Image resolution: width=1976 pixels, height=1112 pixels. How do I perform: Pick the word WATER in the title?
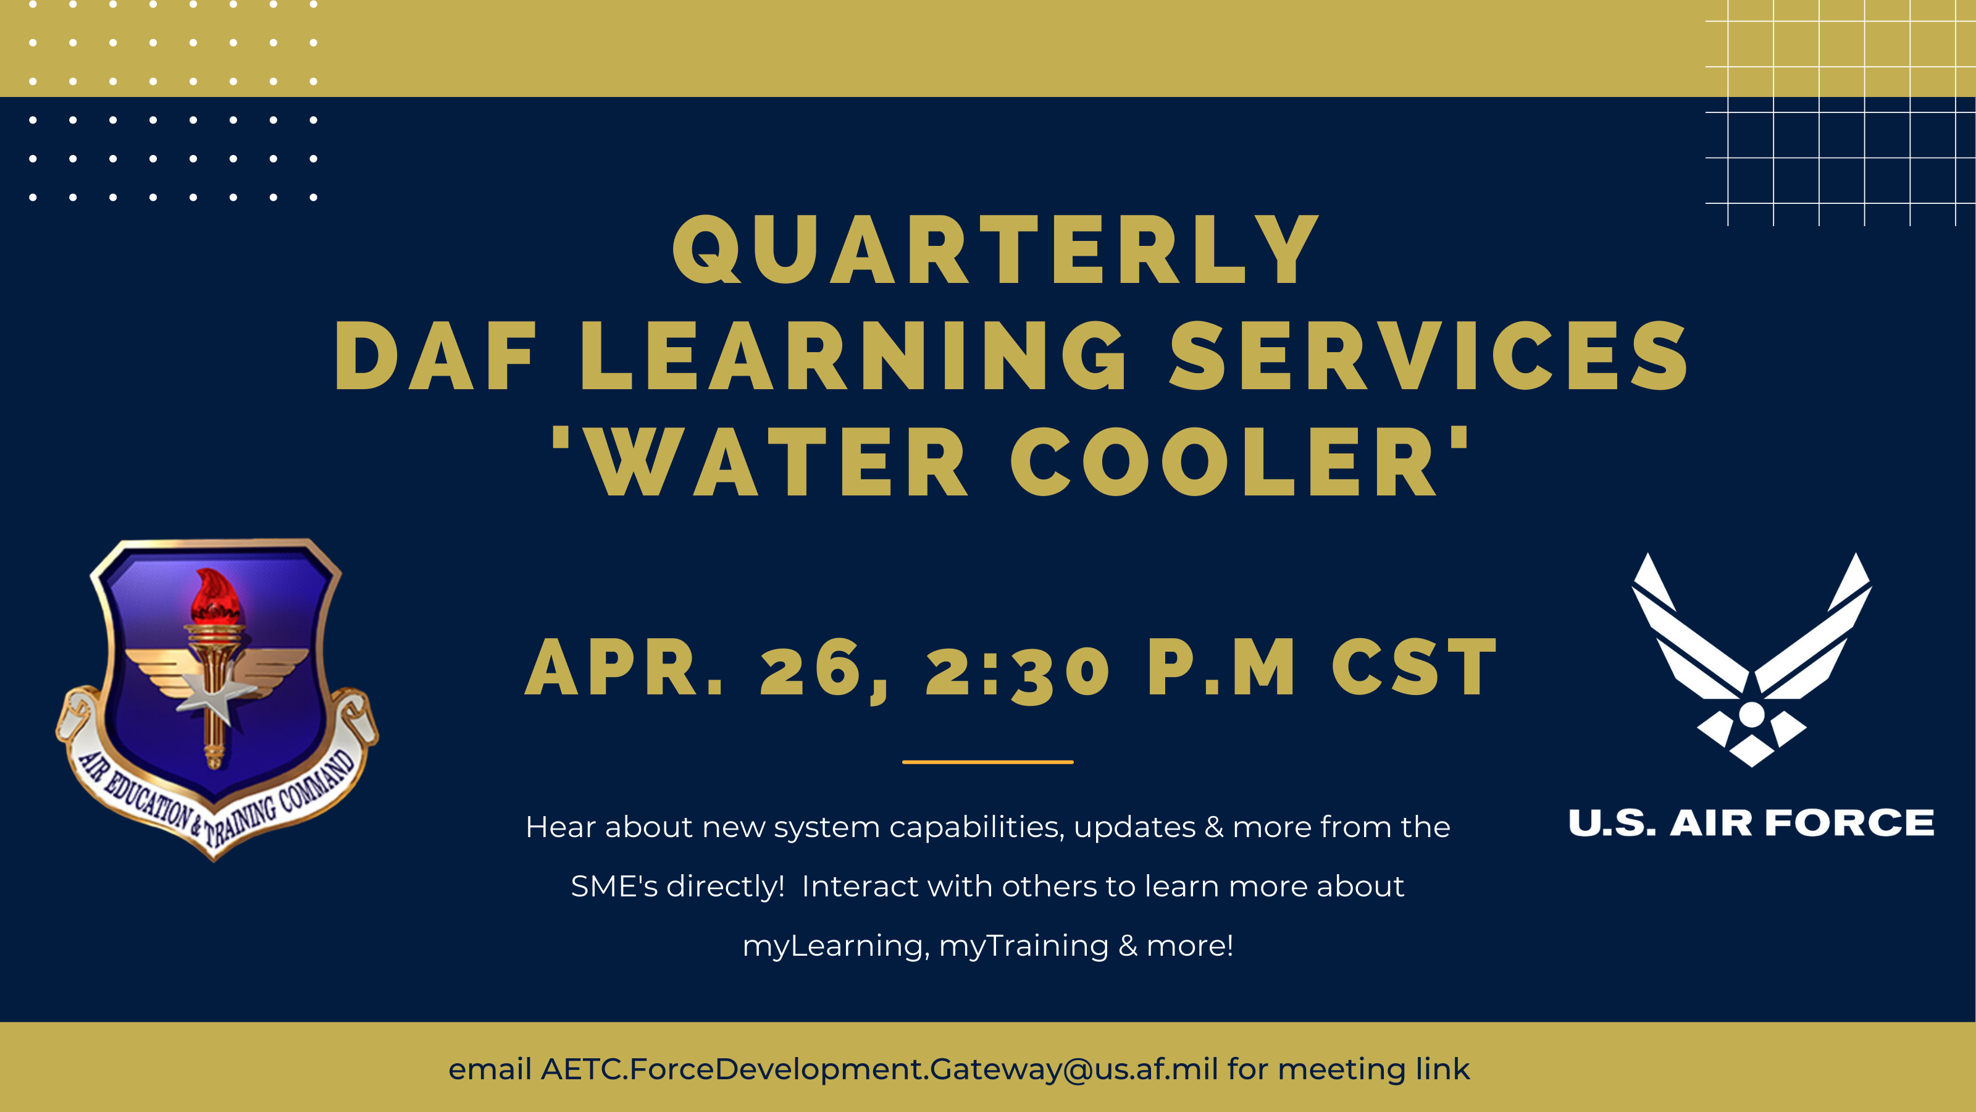point(779,463)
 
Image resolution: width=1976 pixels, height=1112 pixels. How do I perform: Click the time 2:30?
point(1017,670)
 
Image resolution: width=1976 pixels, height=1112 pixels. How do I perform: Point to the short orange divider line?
point(987,762)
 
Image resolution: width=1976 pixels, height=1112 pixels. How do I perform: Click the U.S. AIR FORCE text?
point(1751,823)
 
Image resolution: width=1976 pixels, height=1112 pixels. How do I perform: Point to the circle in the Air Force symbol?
point(1751,714)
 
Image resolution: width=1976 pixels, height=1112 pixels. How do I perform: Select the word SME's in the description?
point(614,887)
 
